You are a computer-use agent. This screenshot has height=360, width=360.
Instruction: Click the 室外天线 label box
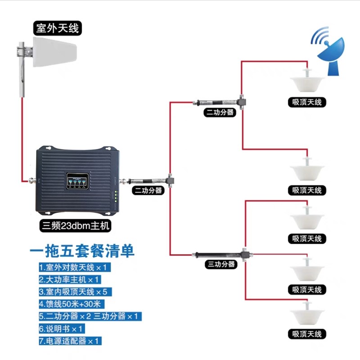tap(57, 29)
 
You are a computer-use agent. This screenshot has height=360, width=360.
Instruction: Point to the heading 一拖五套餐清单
tap(82, 251)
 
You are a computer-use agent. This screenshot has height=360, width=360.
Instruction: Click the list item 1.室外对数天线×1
tap(74, 267)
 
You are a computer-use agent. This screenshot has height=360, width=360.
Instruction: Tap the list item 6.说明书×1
tap(62, 328)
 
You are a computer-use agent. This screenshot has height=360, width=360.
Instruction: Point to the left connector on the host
tap(31, 181)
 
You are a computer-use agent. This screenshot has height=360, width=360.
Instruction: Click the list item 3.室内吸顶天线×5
tap(75, 292)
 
